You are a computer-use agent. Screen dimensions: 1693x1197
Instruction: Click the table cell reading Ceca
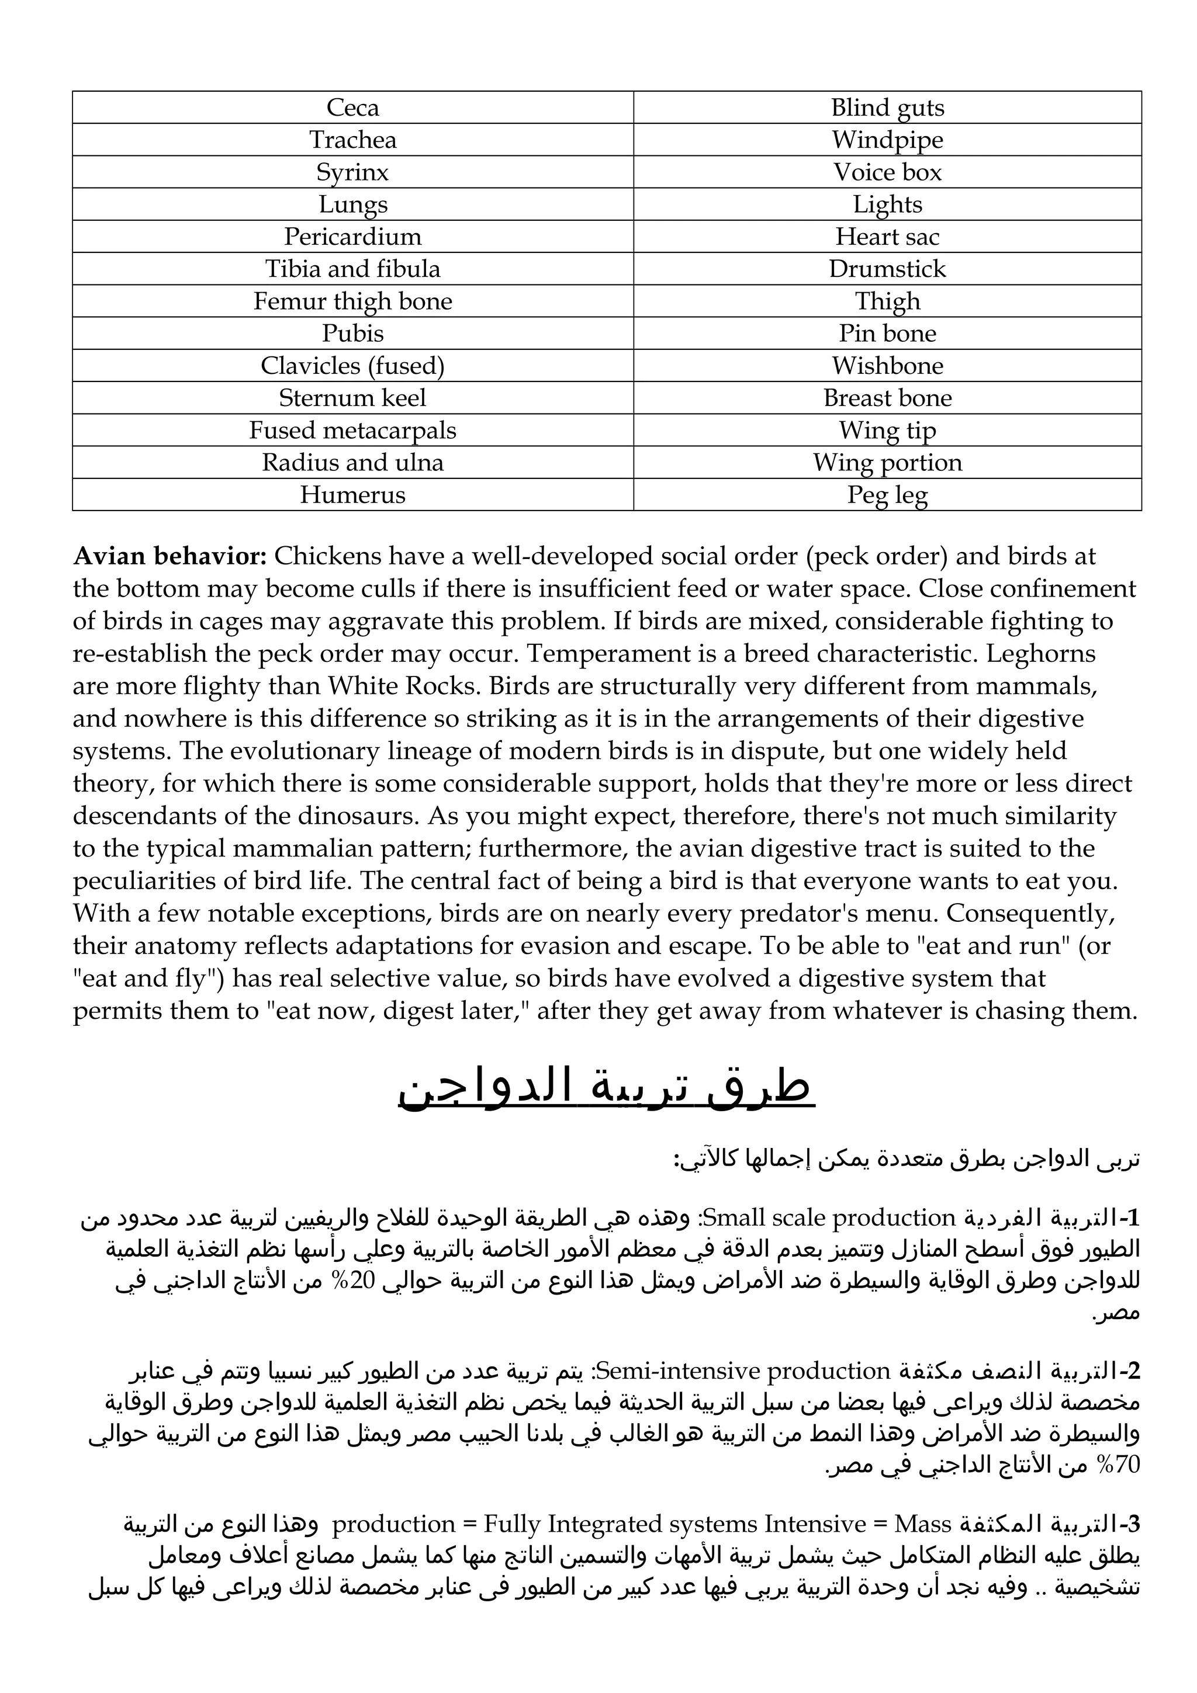click(352, 107)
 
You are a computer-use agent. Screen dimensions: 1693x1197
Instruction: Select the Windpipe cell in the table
click(887, 140)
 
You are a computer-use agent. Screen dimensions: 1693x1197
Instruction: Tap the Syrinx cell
click(352, 172)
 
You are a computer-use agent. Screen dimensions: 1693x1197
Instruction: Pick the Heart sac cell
click(887, 237)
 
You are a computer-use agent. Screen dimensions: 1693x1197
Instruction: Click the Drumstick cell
click(887, 269)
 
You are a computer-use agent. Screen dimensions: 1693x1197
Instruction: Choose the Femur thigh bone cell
click(352, 301)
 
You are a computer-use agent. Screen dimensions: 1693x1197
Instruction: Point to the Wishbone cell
click(887, 366)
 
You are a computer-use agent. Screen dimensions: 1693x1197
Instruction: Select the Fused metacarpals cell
click(352, 431)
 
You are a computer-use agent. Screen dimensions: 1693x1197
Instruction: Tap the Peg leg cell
click(887, 495)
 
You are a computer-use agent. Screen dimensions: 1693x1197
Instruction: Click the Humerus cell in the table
click(352, 495)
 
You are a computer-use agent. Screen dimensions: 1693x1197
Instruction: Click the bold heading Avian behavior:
click(169, 556)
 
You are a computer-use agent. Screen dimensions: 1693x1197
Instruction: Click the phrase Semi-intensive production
click(743, 1371)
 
